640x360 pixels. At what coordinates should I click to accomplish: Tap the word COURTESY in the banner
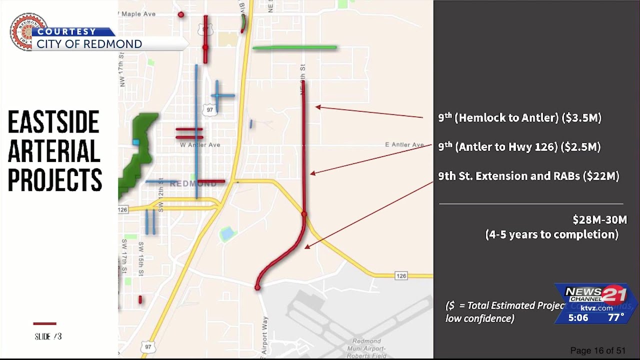click(x=66, y=31)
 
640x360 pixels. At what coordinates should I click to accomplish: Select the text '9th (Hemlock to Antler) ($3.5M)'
click(x=519, y=118)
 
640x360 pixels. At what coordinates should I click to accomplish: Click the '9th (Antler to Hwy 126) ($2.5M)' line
click(x=519, y=147)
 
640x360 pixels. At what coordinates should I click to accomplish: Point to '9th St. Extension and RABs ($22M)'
click(x=528, y=176)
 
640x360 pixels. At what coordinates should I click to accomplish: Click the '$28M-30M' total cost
click(x=599, y=219)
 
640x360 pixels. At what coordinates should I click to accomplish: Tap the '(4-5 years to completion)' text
click(x=551, y=234)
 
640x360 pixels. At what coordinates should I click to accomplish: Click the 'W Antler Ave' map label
click(x=200, y=145)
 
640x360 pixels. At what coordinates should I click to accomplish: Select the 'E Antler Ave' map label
click(x=404, y=145)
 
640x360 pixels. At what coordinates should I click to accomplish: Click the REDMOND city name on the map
click(x=193, y=184)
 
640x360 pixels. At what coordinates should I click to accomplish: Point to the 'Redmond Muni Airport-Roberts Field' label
click(x=370, y=348)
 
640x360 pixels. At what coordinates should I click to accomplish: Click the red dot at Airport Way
click(x=257, y=287)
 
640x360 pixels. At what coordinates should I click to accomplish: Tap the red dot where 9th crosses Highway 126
click(x=304, y=214)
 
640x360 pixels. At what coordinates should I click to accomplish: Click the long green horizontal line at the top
click(x=294, y=48)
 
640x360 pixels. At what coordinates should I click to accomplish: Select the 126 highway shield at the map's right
click(x=401, y=276)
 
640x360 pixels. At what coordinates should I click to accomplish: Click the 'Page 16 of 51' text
click(x=597, y=350)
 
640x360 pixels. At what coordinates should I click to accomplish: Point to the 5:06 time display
click(x=578, y=317)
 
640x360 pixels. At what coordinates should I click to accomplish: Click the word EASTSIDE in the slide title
click(x=53, y=123)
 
